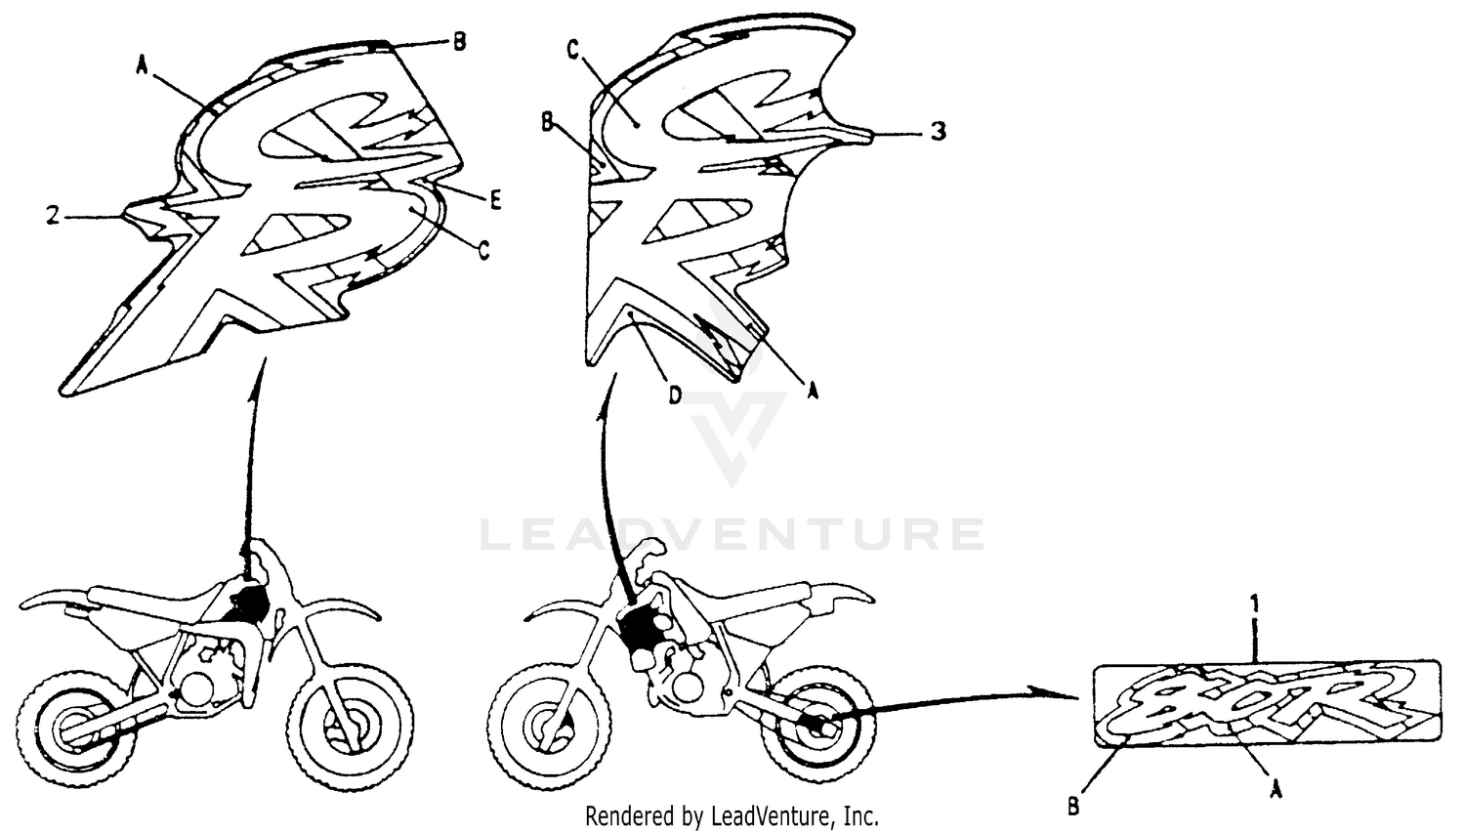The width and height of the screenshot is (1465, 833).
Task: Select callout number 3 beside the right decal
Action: [x=938, y=131]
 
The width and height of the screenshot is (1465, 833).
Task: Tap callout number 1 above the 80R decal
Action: [x=1256, y=605]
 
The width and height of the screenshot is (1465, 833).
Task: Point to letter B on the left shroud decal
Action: [x=458, y=41]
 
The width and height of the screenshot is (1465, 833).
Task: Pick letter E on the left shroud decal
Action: [x=495, y=200]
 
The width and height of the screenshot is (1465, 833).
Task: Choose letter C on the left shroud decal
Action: [x=482, y=250]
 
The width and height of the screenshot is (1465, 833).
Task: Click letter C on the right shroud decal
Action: [x=573, y=51]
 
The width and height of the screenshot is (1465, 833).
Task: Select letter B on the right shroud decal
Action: [x=548, y=121]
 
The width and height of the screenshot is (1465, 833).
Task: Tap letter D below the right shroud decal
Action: [x=675, y=396]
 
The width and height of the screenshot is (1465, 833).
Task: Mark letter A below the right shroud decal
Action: [x=810, y=390]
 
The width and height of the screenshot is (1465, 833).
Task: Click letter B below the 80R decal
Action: [x=1073, y=807]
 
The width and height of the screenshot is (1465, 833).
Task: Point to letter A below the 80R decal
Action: [x=1274, y=793]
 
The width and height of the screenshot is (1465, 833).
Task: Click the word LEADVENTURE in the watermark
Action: [x=732, y=535]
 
